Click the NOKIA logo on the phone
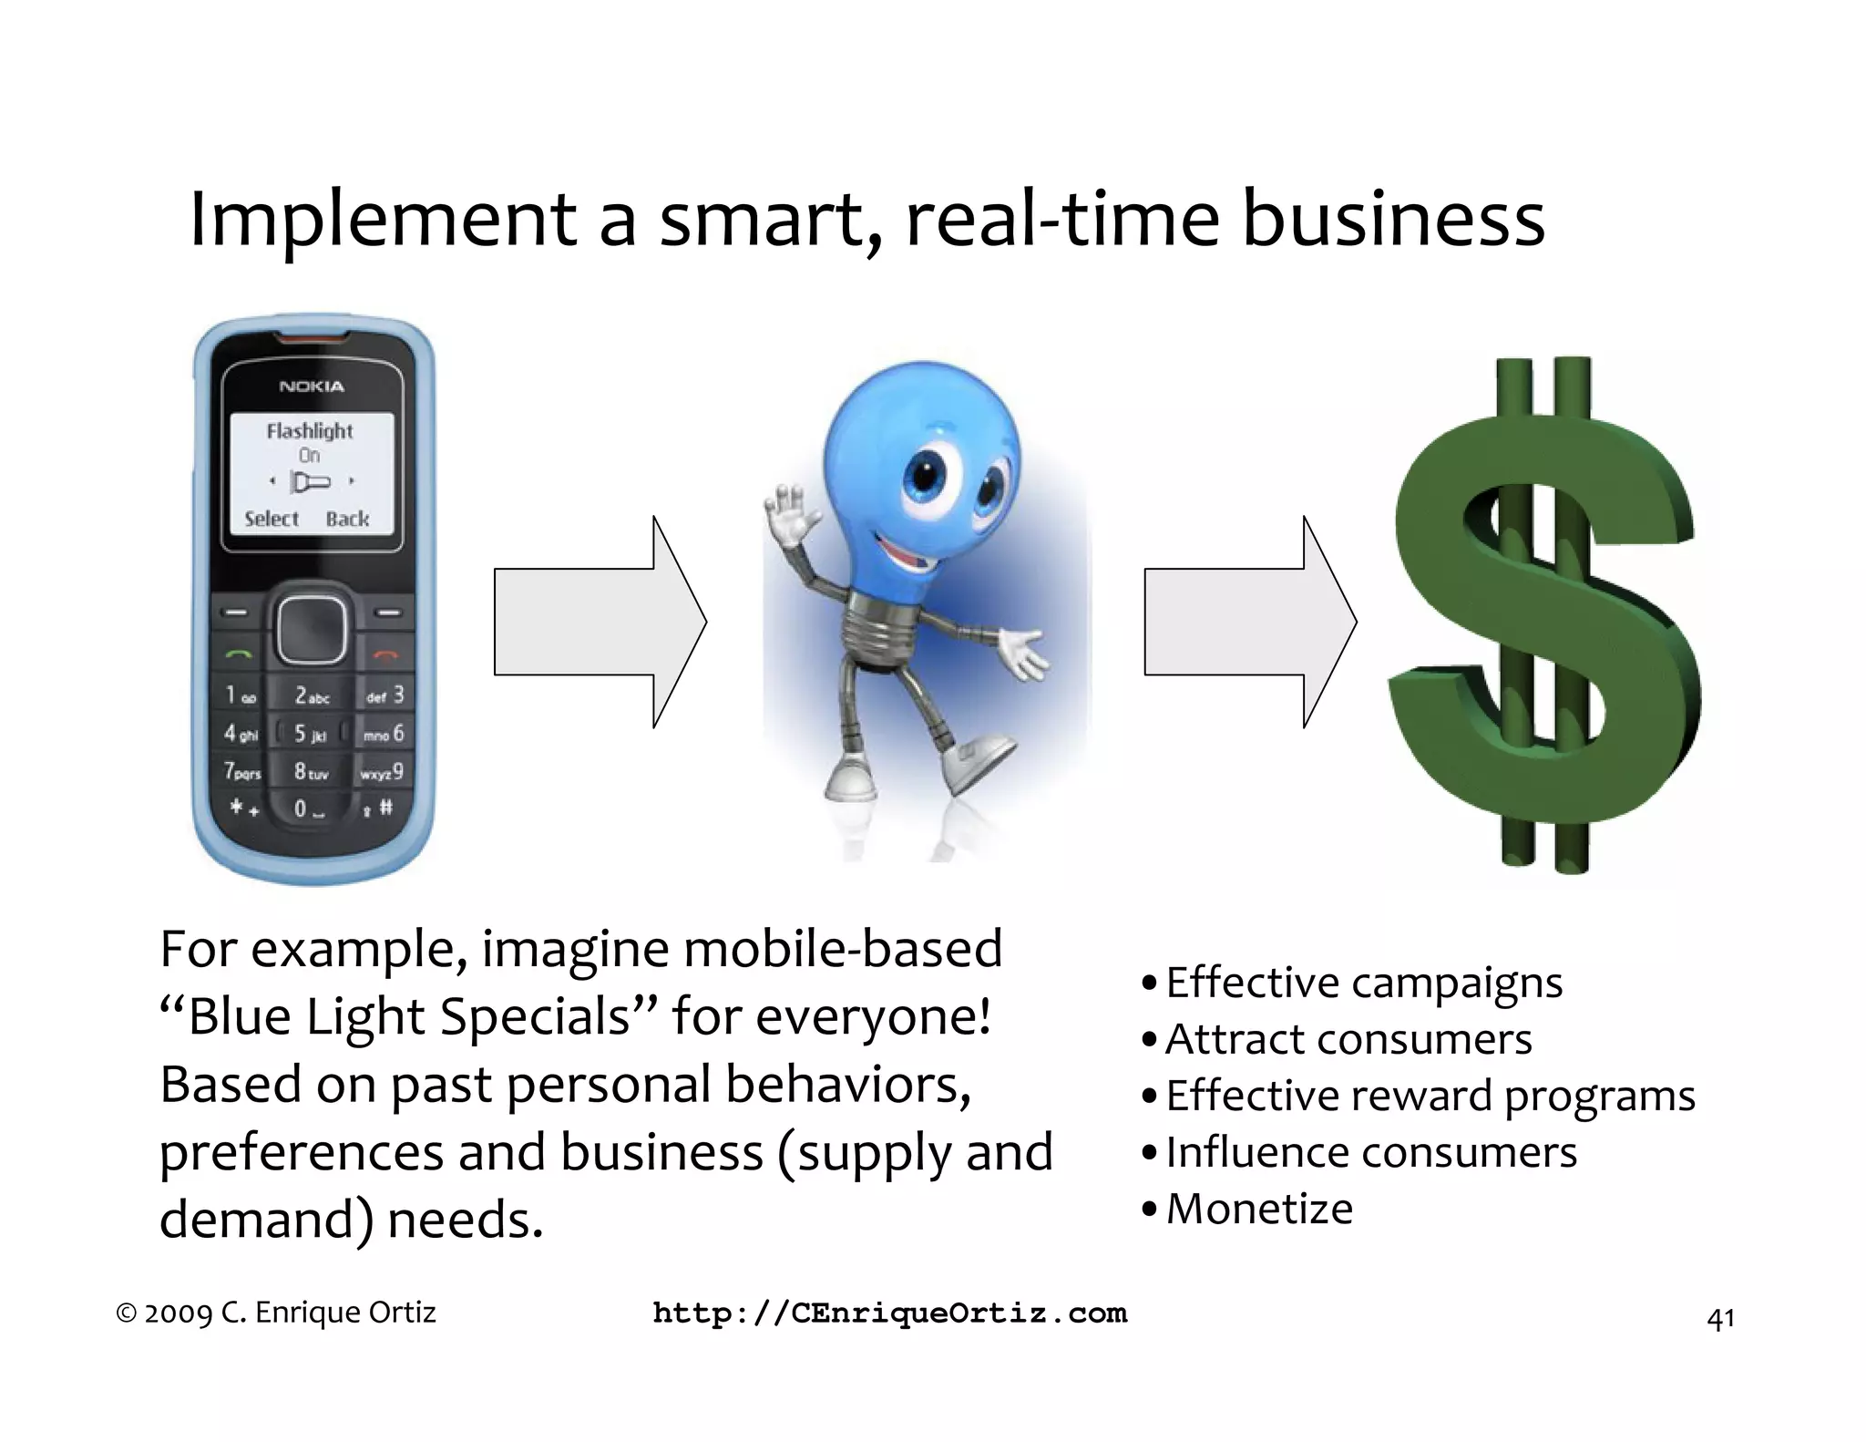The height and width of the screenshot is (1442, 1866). tap(312, 386)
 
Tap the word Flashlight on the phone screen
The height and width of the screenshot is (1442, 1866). tap(309, 430)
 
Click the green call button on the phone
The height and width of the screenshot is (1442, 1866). tap(238, 653)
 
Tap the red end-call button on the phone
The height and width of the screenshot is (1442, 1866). tap(387, 653)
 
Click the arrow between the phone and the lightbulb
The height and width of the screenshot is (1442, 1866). tap(600, 622)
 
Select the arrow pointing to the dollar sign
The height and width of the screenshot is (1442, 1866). tap(1249, 622)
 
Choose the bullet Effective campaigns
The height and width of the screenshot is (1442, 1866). tap(1363, 983)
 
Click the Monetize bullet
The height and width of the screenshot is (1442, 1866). tap(1258, 1209)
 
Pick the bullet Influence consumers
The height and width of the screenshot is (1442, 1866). tap(1370, 1152)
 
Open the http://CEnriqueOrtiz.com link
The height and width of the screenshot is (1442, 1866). tap(889, 1313)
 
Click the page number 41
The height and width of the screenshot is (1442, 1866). tap(1719, 1319)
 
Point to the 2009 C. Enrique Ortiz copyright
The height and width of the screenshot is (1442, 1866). tap(277, 1313)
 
